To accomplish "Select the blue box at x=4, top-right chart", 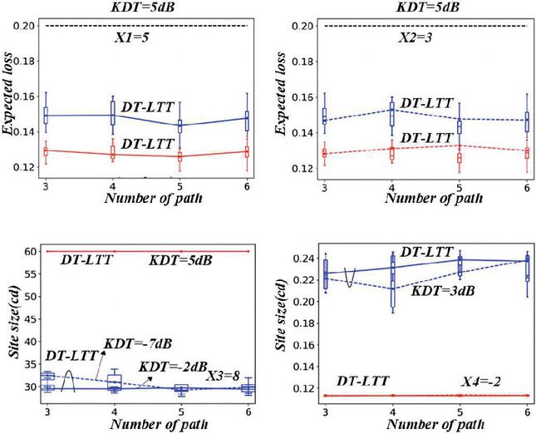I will point(391,115).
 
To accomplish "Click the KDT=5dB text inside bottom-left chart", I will point(180,261).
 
